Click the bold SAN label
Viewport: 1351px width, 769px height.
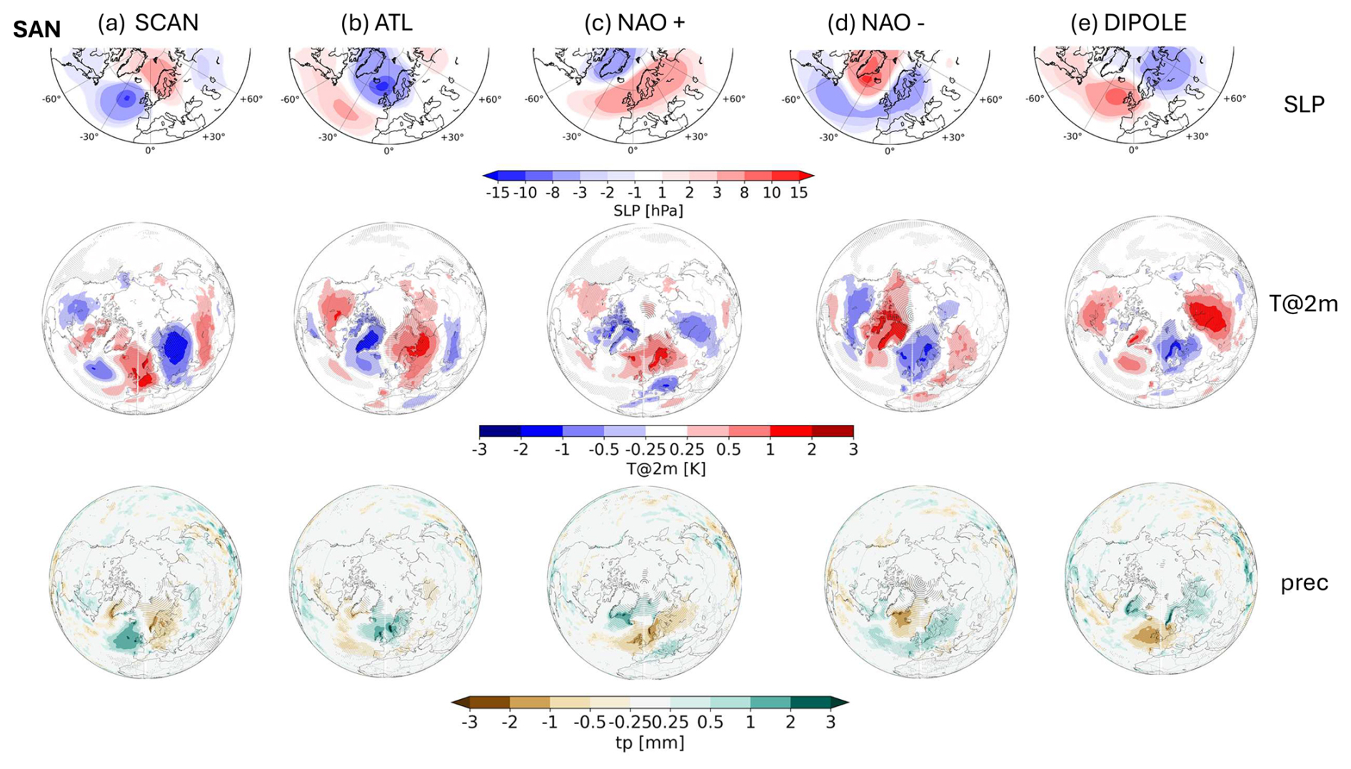pyautogui.click(x=36, y=30)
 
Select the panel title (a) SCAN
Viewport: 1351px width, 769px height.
pyautogui.click(x=149, y=23)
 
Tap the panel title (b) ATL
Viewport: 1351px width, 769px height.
pyautogui.click(x=376, y=23)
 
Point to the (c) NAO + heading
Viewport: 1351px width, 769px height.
pyautogui.click(x=634, y=23)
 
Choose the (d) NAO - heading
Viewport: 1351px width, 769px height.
pyautogui.click(x=876, y=23)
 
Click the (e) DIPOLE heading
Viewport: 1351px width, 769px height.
pyautogui.click(x=1128, y=23)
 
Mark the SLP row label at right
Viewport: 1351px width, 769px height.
pyautogui.click(x=1304, y=105)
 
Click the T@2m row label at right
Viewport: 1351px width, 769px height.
pyautogui.click(x=1303, y=304)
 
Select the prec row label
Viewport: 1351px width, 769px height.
pyautogui.click(x=1304, y=583)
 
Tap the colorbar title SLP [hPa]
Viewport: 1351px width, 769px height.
pyautogui.click(x=648, y=211)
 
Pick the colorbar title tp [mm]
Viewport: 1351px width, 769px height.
pyautogui.click(x=650, y=743)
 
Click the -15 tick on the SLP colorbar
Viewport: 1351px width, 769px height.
pyautogui.click(x=498, y=193)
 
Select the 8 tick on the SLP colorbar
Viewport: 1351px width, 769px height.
pyautogui.click(x=744, y=193)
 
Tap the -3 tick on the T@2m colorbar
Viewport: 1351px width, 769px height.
pyautogui.click(x=480, y=450)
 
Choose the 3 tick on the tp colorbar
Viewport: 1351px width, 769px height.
pyautogui.click(x=830, y=722)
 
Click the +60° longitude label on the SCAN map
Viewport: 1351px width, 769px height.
pyautogui.click(x=251, y=99)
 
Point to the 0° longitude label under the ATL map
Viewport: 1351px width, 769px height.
pyautogui.click(x=388, y=151)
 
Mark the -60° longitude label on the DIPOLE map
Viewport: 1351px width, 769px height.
pyautogui.click(x=1035, y=99)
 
